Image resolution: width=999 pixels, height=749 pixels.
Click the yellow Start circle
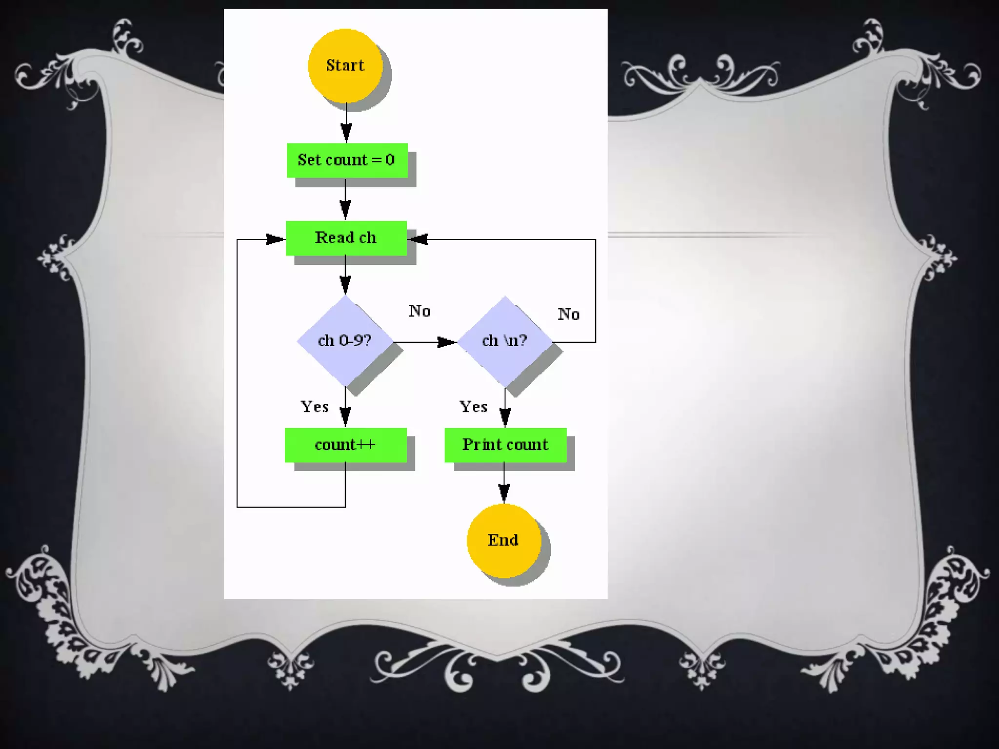345,65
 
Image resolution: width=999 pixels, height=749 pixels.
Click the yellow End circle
503,540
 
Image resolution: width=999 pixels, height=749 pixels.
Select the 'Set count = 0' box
347,160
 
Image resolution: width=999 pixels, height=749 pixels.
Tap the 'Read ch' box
346,238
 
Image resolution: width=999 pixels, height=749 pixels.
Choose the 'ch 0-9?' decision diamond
345,340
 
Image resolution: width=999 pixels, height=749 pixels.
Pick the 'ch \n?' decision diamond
504,340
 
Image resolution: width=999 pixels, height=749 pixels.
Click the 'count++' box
345,445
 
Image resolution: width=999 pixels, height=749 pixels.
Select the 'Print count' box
505,445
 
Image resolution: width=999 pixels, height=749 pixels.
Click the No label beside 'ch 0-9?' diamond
420,311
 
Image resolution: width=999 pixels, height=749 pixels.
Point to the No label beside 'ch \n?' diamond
569,314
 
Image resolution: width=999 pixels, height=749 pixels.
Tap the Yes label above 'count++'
315,407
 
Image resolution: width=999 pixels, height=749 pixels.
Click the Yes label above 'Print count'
473,407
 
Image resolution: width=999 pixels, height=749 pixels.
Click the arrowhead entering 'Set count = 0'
346,133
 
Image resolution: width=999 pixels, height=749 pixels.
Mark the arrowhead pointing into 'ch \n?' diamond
446,342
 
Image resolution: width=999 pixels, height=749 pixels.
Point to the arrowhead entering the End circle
504,493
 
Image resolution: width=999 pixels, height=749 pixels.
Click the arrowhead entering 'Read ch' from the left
275,239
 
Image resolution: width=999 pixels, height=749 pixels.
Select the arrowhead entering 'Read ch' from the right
419,239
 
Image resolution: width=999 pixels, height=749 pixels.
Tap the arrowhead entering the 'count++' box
345,417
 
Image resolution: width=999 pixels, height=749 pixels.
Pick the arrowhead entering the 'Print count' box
505,417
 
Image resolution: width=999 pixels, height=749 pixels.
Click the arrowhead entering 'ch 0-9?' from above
345,284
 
